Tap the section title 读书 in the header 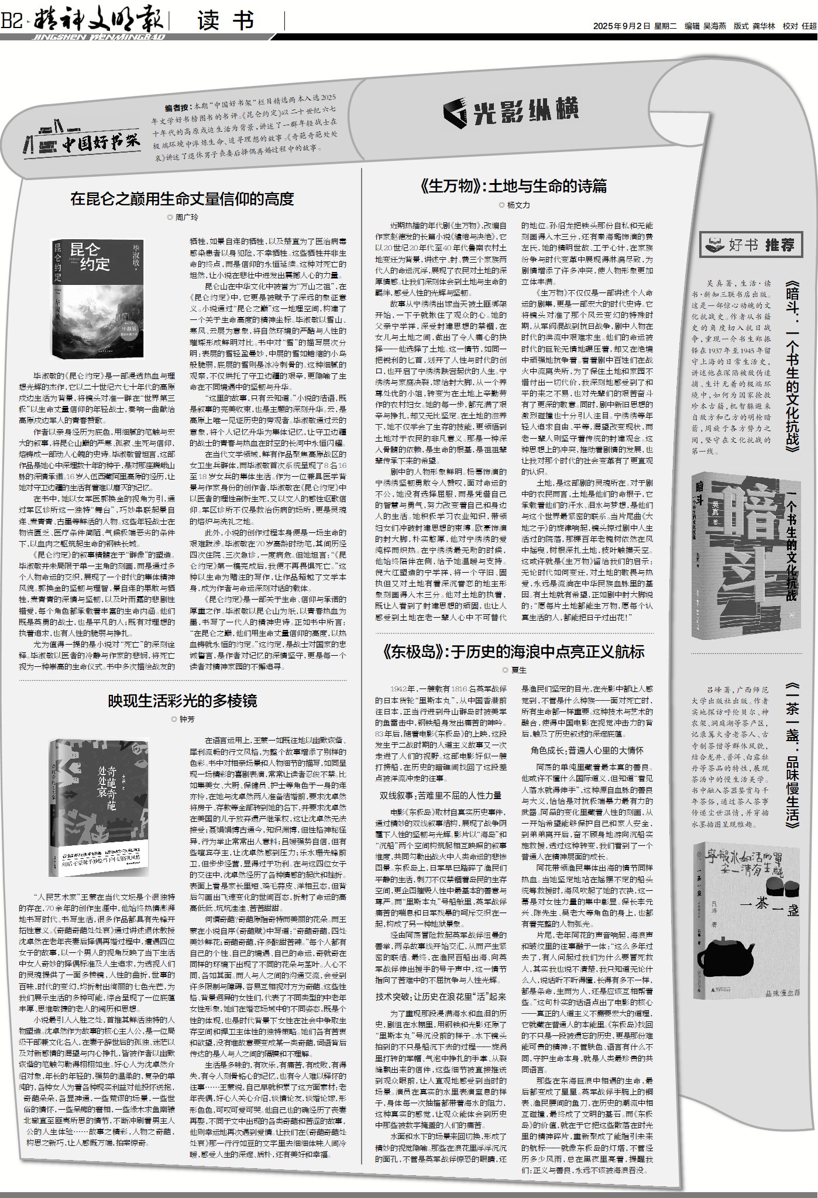(225, 21)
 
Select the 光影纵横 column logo (510, 111)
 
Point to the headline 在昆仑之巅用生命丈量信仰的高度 (181, 199)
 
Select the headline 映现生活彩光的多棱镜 (182, 701)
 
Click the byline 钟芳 (183, 718)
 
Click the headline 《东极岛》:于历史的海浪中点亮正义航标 (513, 652)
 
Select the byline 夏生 (515, 670)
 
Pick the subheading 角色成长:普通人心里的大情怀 (587, 750)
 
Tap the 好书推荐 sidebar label (751, 245)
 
